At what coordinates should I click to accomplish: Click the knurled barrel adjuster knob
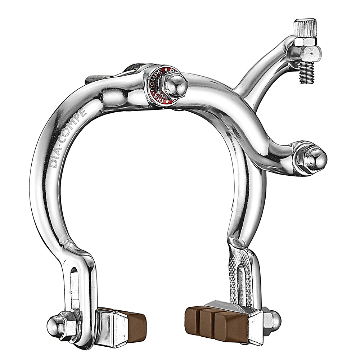(305, 27)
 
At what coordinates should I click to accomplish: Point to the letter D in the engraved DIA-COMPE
(54, 164)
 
